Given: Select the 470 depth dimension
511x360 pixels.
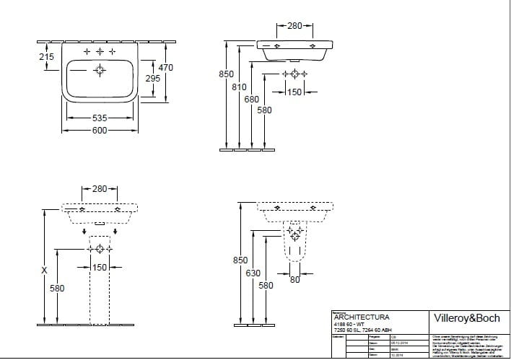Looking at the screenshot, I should (x=165, y=67).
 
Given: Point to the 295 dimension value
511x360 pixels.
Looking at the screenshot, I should (x=152, y=79).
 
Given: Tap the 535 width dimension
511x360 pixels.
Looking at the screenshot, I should (x=99, y=117).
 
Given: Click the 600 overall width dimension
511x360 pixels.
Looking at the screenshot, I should (x=99, y=130).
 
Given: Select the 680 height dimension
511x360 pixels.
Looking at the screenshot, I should (x=251, y=99).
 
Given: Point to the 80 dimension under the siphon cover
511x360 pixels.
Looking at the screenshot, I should (x=294, y=280).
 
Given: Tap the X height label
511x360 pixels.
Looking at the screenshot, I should (x=45, y=271).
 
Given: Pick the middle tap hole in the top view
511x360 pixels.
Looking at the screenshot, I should (x=99, y=52).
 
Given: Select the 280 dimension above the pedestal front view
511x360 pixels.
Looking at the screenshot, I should (x=99, y=189).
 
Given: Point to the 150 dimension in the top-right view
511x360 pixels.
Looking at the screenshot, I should (x=294, y=92).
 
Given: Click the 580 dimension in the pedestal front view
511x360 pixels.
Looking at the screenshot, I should (x=57, y=289).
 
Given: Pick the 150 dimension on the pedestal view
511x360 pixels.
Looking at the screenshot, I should (x=99, y=268).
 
